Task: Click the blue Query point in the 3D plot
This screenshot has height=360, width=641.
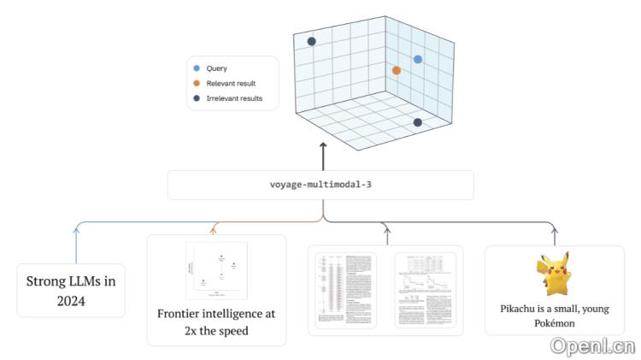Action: [x=418, y=59]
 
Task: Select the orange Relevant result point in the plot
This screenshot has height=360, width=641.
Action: [x=396, y=70]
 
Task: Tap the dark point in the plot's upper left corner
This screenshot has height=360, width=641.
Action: [x=312, y=41]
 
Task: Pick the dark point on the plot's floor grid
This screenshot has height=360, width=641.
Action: [x=417, y=122]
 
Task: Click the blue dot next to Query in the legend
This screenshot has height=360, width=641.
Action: [x=197, y=68]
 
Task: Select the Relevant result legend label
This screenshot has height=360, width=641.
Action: [x=231, y=83]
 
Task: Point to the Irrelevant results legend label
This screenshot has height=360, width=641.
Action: [x=234, y=98]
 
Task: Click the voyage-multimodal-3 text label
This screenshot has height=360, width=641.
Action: [x=320, y=185]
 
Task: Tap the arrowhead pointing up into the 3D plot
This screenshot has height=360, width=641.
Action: [x=323, y=147]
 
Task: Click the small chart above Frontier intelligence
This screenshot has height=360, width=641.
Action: [x=216, y=269]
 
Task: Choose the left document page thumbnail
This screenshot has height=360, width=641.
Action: [x=345, y=289]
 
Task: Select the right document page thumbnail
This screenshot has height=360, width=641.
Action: [x=425, y=289]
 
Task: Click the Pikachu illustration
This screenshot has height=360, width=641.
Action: [x=554, y=273]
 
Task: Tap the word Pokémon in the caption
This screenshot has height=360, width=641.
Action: [x=554, y=324]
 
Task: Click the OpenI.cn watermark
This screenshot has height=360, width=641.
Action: [x=592, y=345]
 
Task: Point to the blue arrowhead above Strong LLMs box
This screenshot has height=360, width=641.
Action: [x=76, y=229]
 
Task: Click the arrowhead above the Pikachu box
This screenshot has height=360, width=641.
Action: [x=554, y=229]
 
